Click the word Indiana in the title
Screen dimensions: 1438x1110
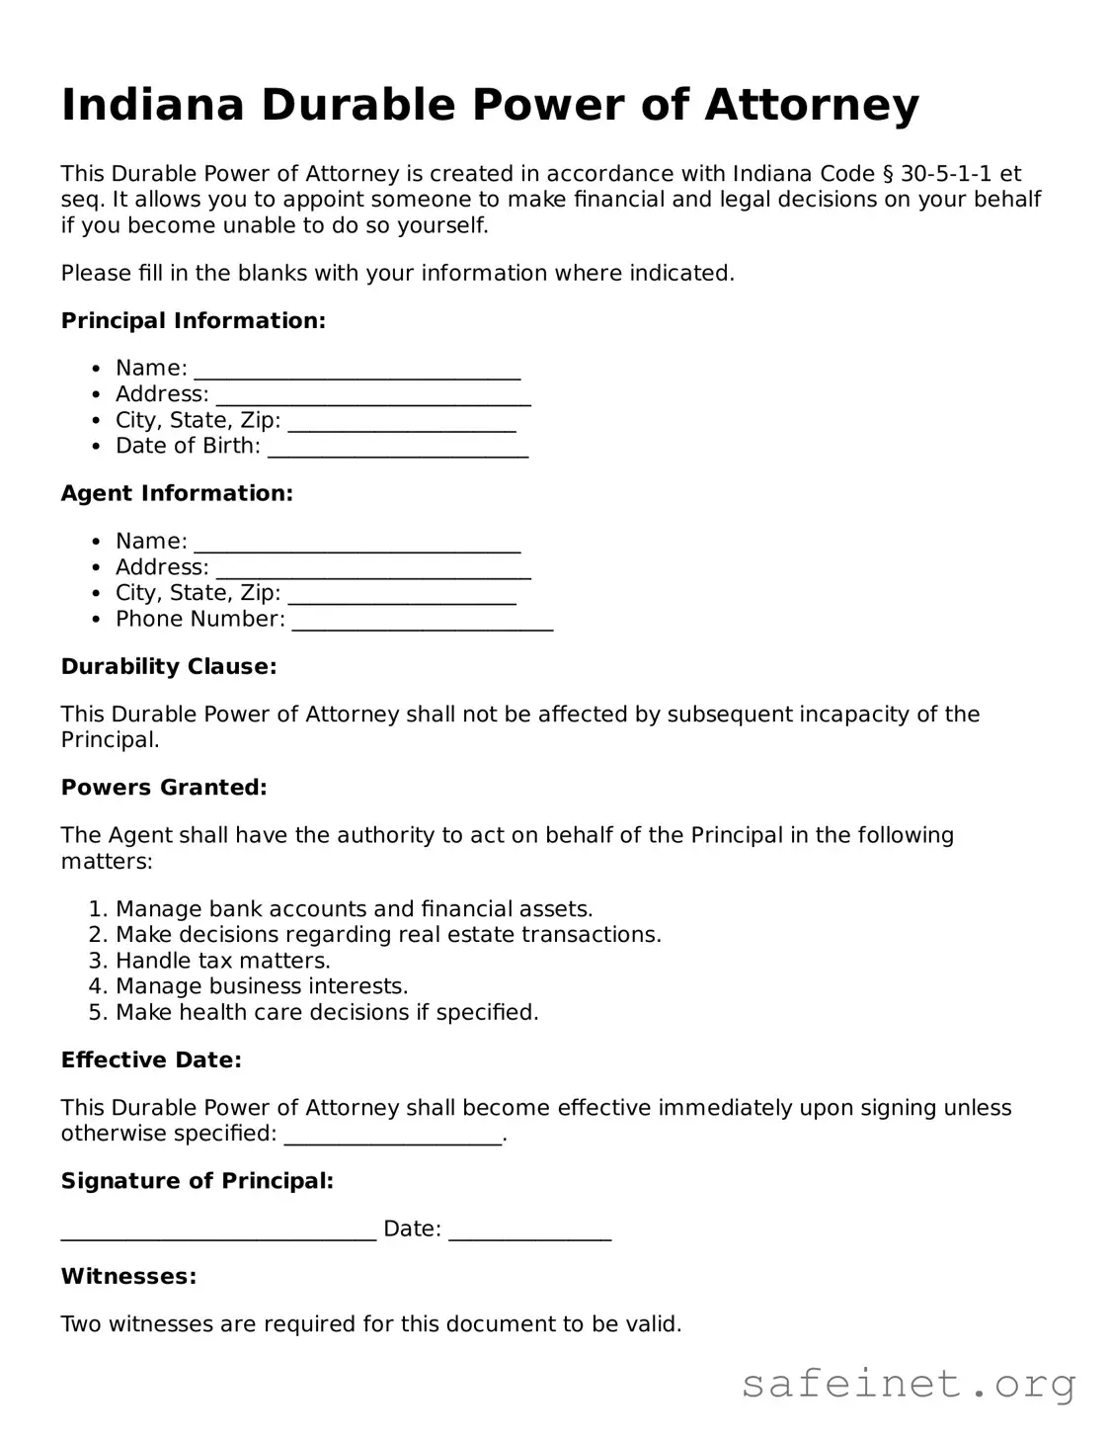point(152,105)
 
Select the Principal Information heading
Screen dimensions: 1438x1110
point(193,320)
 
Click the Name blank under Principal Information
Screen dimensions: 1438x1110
point(357,371)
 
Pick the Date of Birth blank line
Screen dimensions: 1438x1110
point(398,449)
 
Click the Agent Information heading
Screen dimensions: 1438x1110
point(177,493)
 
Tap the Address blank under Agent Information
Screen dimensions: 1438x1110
point(373,570)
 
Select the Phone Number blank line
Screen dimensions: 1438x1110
point(423,622)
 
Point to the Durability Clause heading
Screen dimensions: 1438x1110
point(169,666)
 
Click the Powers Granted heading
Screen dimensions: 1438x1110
point(164,788)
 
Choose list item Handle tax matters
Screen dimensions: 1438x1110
point(222,961)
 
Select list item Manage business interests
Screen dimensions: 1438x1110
point(261,986)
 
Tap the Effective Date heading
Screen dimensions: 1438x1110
point(151,1059)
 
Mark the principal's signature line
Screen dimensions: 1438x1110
point(218,1231)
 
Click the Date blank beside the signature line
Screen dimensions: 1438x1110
point(529,1231)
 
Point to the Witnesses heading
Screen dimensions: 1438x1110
point(128,1276)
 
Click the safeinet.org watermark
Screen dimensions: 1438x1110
point(908,1384)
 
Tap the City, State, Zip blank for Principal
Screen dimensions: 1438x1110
point(402,423)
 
